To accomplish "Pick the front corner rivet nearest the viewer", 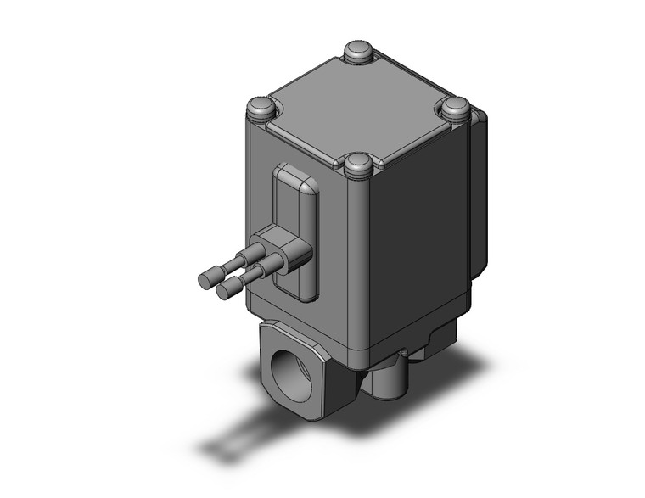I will pyautogui.click(x=358, y=163).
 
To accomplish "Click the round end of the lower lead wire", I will pyautogui.click(x=227, y=291).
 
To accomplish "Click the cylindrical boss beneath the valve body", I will pyautogui.click(x=390, y=381).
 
